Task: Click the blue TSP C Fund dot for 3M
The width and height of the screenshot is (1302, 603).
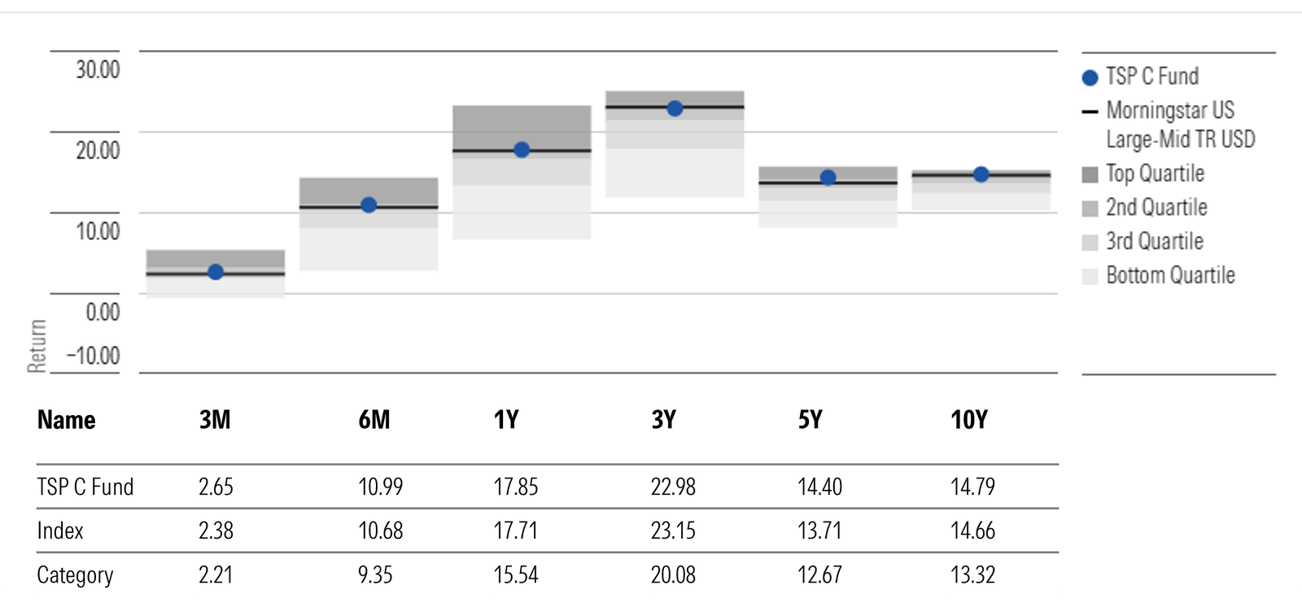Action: point(216,272)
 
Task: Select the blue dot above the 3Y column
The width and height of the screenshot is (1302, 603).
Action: point(675,108)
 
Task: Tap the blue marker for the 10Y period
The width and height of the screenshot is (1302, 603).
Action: point(981,174)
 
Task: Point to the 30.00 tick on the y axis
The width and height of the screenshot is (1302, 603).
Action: point(98,70)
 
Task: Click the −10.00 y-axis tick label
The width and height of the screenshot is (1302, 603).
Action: point(93,356)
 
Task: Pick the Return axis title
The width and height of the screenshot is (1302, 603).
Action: point(37,346)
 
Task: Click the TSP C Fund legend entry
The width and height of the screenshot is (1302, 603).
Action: point(1151,76)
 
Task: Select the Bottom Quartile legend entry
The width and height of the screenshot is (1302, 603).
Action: point(1170,276)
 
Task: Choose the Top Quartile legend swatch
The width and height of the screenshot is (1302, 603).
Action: point(1090,174)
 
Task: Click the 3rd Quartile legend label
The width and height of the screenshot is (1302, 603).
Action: point(1154,242)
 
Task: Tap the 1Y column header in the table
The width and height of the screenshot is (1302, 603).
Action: point(506,420)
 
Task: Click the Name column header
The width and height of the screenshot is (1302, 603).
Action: point(67,420)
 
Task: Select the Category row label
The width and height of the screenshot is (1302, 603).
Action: point(75,575)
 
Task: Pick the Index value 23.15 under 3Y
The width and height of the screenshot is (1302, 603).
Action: point(673,531)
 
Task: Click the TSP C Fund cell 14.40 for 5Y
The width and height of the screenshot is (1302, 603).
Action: point(819,487)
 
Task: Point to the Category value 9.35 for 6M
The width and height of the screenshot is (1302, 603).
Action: point(375,575)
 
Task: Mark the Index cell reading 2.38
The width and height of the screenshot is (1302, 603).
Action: point(216,531)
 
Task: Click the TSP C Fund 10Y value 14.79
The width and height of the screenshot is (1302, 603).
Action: point(972,487)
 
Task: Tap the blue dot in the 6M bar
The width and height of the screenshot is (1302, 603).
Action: point(369,205)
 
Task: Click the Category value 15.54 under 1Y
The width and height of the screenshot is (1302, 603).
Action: point(516,575)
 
